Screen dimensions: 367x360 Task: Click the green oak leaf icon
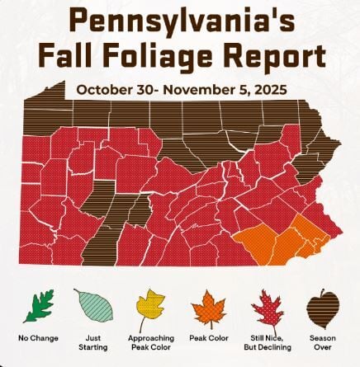(39, 306)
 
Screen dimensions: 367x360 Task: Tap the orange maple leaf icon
(208, 308)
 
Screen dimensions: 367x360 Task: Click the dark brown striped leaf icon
(322, 308)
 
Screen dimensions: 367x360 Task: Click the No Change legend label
(37, 338)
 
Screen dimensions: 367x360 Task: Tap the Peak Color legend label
(208, 338)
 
